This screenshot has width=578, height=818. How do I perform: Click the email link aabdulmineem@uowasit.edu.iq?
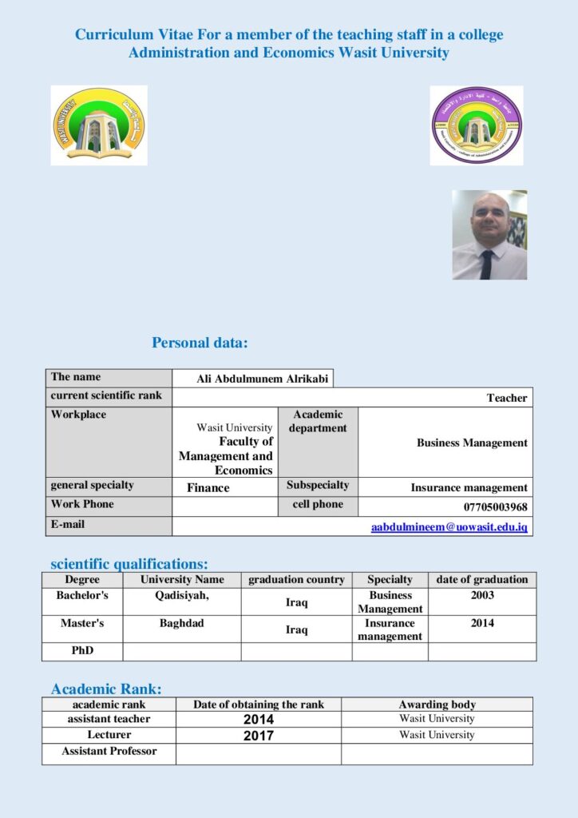point(449,528)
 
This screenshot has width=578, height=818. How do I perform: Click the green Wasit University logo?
point(98,125)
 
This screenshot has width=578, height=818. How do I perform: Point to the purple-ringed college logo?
point(476,125)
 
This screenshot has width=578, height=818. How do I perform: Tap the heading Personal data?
point(200,343)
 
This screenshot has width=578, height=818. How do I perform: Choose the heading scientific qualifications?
point(129,564)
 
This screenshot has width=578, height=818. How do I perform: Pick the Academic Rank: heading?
point(106,689)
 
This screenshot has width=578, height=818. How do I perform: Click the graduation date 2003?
point(482,595)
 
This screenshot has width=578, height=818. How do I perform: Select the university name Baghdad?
point(181,623)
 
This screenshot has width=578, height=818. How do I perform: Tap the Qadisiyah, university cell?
point(182,595)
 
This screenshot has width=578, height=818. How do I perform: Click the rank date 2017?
point(259,736)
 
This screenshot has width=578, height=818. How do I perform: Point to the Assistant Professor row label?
point(109,751)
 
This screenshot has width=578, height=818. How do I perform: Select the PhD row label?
point(82,650)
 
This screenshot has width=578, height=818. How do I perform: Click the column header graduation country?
point(296,579)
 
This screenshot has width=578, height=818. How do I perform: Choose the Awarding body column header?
point(437,705)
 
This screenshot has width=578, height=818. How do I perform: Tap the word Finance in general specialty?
point(208,487)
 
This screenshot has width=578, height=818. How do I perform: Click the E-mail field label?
point(68,524)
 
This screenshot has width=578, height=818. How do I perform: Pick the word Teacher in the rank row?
point(507,398)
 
